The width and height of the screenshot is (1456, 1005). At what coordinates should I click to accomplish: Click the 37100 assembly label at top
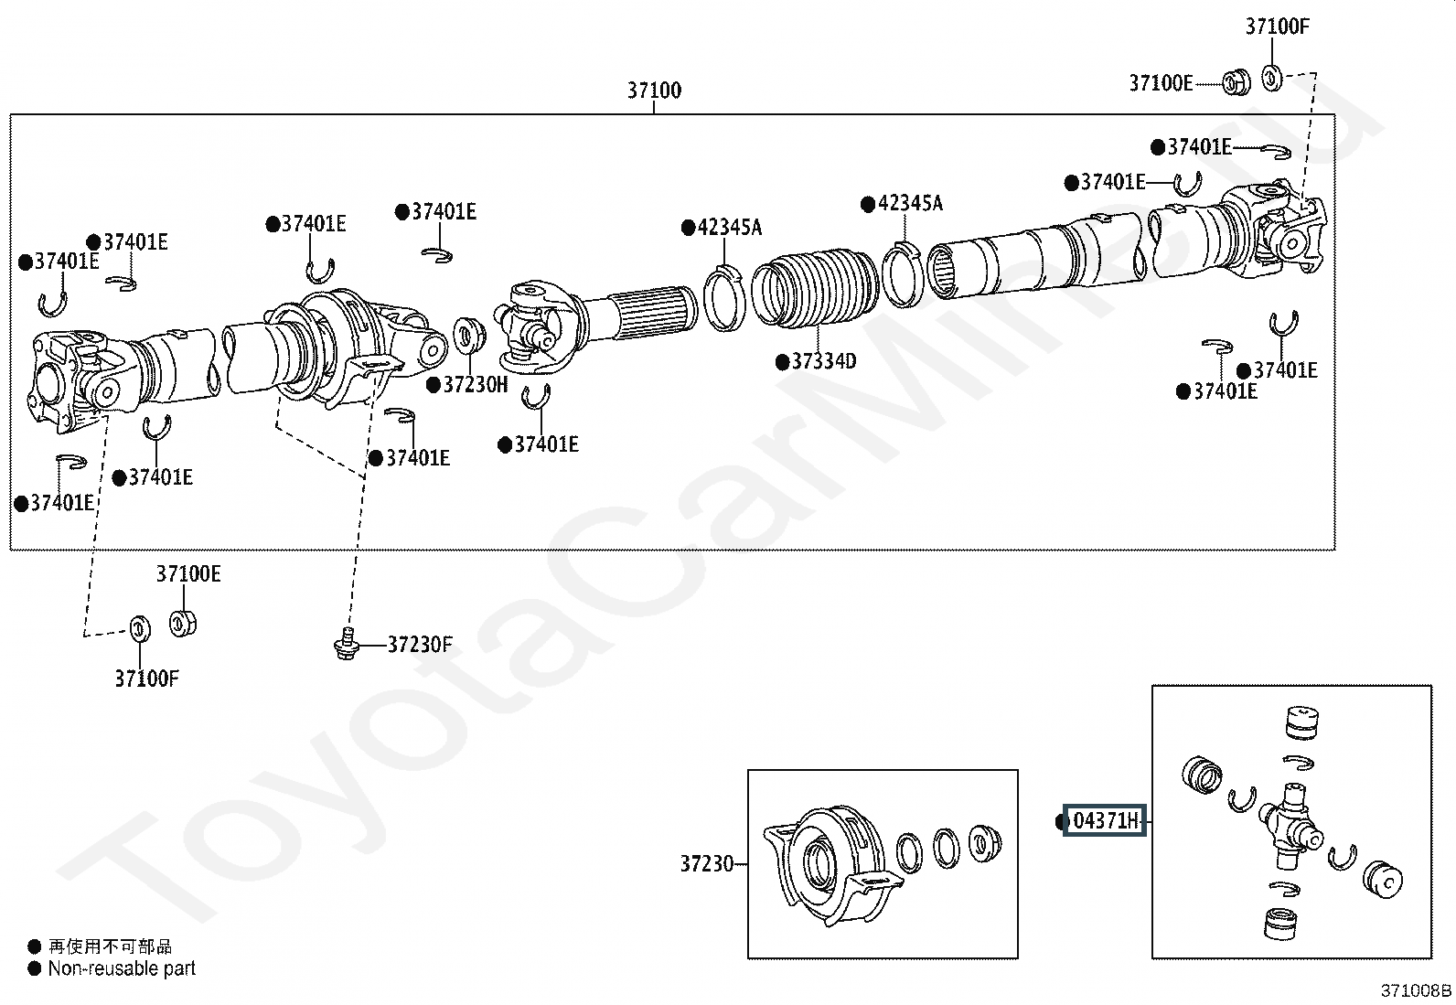click(654, 91)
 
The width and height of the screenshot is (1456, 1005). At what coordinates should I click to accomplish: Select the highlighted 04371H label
click(1105, 820)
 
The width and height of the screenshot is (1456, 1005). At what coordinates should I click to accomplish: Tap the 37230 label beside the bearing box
click(707, 863)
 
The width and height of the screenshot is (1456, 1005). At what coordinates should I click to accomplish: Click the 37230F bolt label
click(420, 644)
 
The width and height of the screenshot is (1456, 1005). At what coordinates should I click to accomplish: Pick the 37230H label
click(476, 384)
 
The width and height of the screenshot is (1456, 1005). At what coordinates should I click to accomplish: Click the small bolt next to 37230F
click(348, 643)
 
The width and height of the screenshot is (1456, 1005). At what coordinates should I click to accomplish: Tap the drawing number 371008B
click(1416, 990)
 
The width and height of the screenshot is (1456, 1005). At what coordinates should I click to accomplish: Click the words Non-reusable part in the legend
click(122, 968)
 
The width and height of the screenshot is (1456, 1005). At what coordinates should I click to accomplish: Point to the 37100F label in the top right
click(1278, 27)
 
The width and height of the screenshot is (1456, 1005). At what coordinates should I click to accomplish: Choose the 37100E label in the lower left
click(188, 574)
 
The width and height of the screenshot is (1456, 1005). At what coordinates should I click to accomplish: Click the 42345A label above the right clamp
click(910, 204)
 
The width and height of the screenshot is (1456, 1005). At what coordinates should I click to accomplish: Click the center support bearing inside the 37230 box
click(832, 863)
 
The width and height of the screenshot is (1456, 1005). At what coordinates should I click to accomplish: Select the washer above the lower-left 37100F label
click(141, 628)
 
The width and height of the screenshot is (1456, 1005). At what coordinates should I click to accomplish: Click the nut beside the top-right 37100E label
click(1236, 82)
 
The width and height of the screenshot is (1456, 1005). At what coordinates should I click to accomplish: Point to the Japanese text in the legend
click(110, 946)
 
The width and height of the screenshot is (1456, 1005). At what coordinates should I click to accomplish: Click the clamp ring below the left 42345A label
click(725, 298)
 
